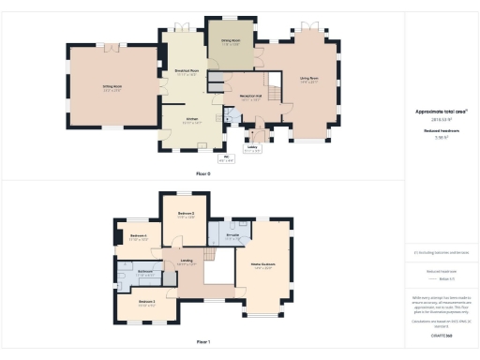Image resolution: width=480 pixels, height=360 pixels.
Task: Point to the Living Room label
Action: tap(309, 80)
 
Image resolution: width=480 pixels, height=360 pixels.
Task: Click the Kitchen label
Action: tap(191, 121)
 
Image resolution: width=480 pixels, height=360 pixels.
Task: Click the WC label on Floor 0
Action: tap(225, 157)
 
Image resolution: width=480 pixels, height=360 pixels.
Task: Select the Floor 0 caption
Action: tap(202, 174)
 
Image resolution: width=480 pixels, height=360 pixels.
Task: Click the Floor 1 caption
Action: tap(202, 341)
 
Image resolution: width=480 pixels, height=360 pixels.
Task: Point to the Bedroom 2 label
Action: tap(187, 215)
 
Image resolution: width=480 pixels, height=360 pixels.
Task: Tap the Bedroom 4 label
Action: tap(138, 236)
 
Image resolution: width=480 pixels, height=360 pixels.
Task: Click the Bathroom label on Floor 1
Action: tap(145, 272)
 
